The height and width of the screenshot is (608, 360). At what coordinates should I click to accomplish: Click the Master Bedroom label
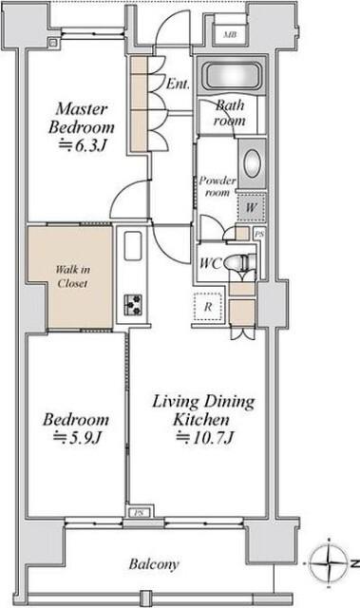coord(82,118)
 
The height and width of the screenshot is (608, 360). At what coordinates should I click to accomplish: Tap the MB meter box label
coord(230,34)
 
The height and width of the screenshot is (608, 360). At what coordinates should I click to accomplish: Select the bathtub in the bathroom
coord(232,75)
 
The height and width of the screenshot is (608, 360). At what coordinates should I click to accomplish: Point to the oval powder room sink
coord(253,163)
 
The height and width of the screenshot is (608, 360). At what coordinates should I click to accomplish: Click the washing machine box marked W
coord(251,207)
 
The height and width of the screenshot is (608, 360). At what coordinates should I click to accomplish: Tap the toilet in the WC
coord(238,262)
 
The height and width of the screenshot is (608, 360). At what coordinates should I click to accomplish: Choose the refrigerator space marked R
coord(208,307)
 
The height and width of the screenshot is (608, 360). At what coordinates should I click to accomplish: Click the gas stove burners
coord(133,305)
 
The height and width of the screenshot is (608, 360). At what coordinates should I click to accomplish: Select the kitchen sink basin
coord(133,246)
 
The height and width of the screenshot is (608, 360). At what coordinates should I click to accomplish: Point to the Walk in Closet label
coord(72,276)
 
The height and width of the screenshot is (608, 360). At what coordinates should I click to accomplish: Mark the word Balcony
coord(154,563)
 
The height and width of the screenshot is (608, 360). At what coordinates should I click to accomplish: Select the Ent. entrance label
coord(178,84)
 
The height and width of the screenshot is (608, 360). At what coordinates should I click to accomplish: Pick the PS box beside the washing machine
coord(259,235)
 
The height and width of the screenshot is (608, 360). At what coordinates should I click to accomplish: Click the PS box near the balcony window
coord(139,513)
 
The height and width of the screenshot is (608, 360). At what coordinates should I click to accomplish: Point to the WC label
coord(211,264)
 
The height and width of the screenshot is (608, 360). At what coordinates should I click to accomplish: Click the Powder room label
coord(218,186)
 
